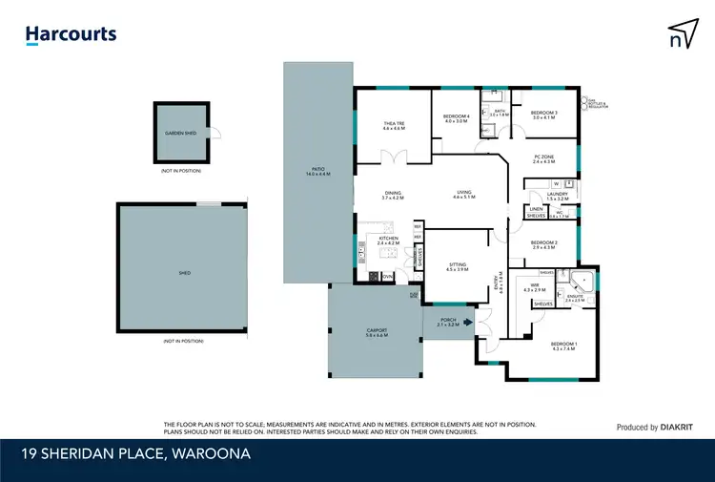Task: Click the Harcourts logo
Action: [71, 35]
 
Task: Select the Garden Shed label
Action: [180, 134]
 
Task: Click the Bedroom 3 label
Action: [543, 113]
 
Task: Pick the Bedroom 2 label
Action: [543, 244]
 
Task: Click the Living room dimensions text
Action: [464, 198]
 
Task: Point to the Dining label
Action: [393, 194]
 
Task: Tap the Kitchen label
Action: [388, 239]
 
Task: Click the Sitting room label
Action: [457, 264]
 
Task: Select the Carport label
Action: [376, 332]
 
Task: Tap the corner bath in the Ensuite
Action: [584, 282]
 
